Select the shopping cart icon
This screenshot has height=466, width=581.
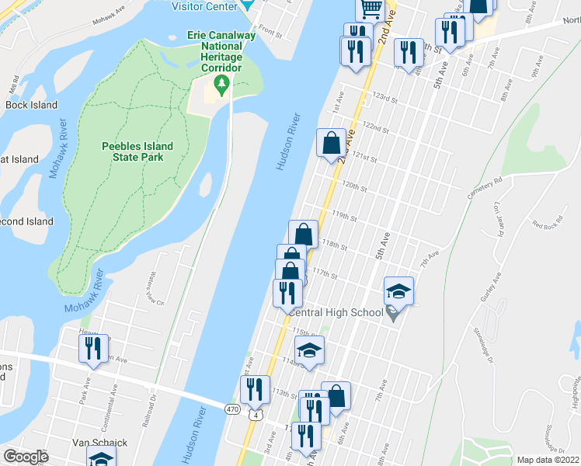click(371, 9)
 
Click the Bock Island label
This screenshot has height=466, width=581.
click(31, 105)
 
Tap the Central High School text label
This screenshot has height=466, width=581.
click(336, 312)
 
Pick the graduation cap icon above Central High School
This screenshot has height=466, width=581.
click(398, 290)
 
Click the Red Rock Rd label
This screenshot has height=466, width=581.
click(547, 225)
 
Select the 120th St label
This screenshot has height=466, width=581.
click(354, 187)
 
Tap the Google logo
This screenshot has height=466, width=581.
click(26, 456)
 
